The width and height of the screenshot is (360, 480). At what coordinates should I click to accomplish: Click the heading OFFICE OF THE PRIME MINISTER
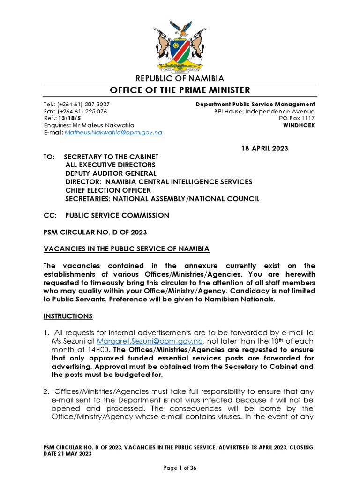tap(180, 90)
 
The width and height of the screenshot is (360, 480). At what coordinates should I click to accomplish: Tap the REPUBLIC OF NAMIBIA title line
tap(180, 78)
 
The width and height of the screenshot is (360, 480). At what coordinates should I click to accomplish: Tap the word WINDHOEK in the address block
tap(299, 126)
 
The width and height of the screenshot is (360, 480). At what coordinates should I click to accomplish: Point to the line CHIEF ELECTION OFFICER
tap(108, 190)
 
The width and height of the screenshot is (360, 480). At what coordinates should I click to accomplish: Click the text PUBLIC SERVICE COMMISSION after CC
tap(116, 216)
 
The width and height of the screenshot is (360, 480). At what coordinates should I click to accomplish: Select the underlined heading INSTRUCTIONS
tap(68, 316)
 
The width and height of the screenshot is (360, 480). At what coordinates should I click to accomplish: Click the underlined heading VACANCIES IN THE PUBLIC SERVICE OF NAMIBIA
tap(126, 248)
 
